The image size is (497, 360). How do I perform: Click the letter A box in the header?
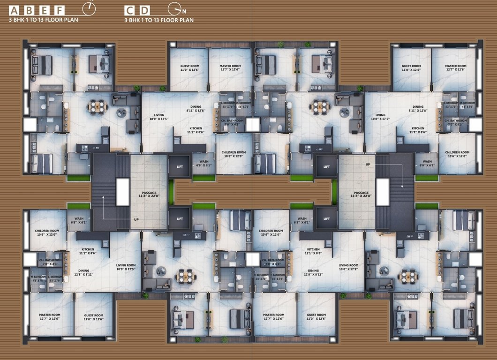(14, 10)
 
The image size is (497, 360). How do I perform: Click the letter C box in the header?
(130, 10)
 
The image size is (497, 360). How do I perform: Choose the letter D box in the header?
(145, 10)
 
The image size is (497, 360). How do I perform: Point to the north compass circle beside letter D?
(174, 8)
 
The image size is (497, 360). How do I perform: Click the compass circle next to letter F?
(88, 8)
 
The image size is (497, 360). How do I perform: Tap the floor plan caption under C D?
(158, 20)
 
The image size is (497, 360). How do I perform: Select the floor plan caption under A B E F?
(44, 20)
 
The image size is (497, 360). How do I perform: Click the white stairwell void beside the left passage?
(122, 192)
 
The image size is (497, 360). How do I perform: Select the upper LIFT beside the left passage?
(180, 166)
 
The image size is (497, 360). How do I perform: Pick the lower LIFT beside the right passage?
(326, 218)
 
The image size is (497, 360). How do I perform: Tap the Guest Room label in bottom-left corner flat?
(93, 317)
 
